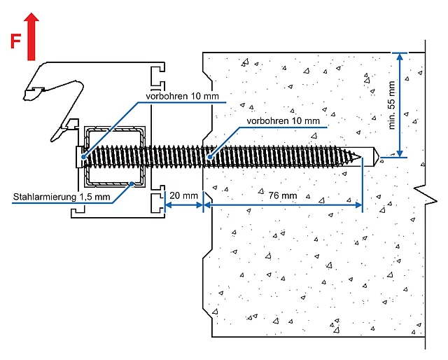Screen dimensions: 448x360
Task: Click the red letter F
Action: click(15, 41)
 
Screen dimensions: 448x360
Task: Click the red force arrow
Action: click(31, 36)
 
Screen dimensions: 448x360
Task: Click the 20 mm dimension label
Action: click(183, 195)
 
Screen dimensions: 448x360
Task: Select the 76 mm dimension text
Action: click(283, 195)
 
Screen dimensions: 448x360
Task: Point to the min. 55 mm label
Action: click(392, 105)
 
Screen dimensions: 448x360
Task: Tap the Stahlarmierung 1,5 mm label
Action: click(62, 197)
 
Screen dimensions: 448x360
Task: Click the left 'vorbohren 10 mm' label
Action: click(182, 96)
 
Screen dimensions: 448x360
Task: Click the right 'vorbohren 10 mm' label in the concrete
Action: click(283, 120)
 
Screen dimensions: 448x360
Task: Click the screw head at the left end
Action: click(79, 157)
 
